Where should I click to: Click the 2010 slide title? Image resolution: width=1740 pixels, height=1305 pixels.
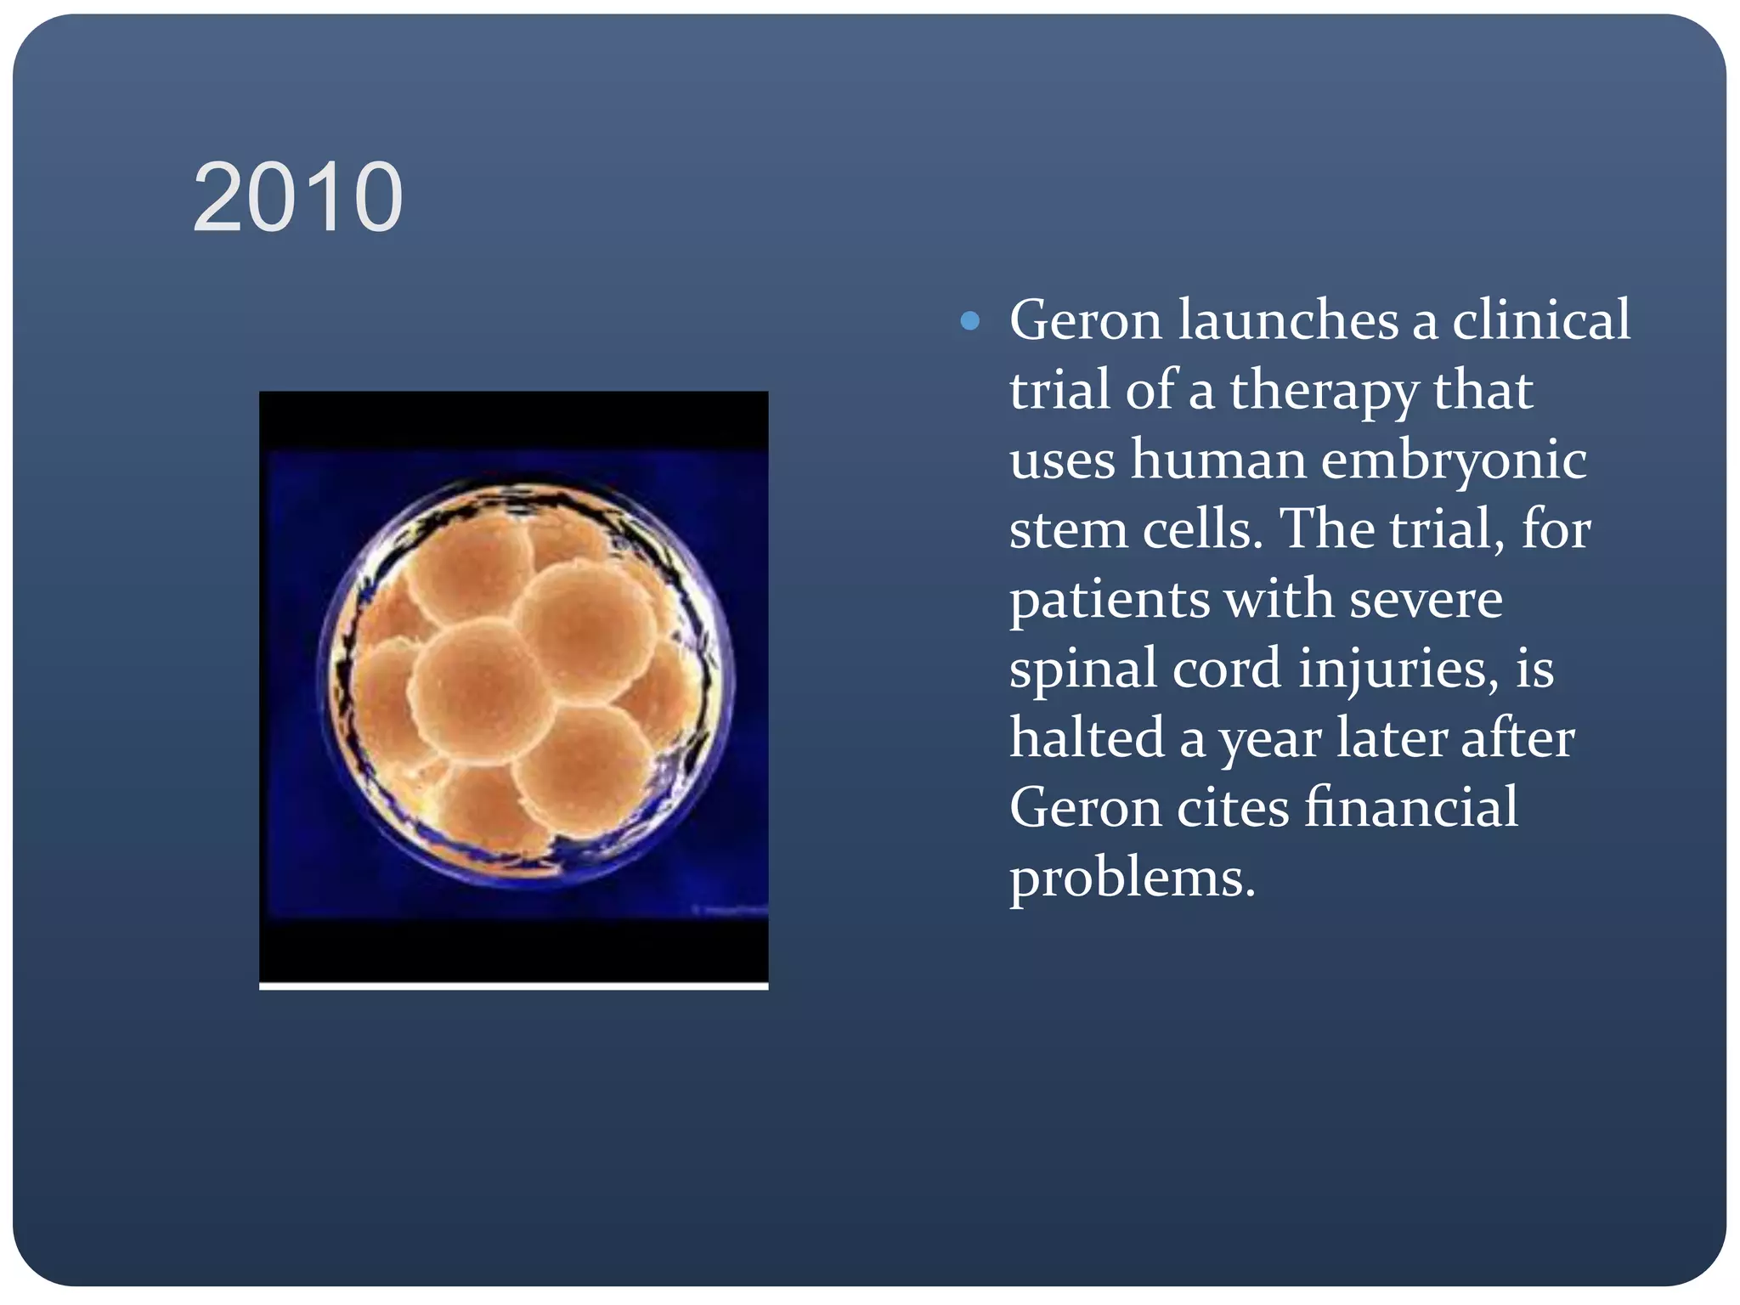(297, 198)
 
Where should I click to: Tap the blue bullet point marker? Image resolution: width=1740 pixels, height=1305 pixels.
(969, 321)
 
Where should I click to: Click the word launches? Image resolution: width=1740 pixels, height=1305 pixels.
(1287, 320)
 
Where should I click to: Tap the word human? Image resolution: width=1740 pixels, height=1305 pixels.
(1217, 460)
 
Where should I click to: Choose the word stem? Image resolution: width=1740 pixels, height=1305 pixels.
(1068, 530)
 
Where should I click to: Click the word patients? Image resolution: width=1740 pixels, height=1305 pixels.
(1110, 600)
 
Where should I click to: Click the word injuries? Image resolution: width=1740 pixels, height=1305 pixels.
(1398, 669)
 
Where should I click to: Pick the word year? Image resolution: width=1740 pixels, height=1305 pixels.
(1270, 739)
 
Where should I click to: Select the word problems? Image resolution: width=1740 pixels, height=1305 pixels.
(1132, 878)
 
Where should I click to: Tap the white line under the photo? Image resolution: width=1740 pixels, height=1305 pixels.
(513, 986)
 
